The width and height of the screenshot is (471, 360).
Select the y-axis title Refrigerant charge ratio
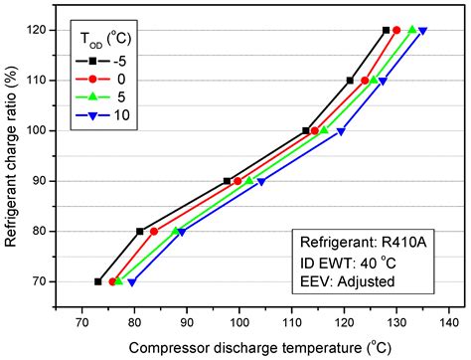[x=13, y=157]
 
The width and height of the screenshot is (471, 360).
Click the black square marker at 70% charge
[x=97, y=281]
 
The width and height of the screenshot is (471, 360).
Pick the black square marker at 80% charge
[x=139, y=231]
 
